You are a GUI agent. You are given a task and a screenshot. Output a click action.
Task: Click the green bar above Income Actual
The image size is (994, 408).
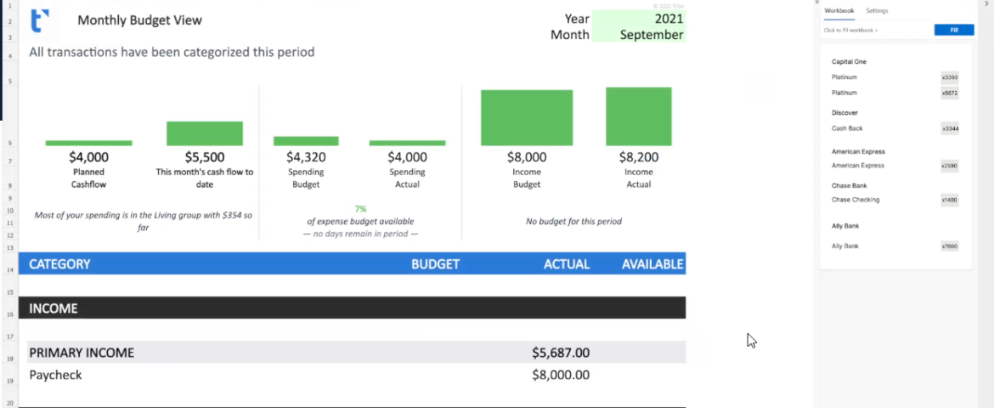coord(638,116)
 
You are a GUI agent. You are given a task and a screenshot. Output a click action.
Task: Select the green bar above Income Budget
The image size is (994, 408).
coord(527,117)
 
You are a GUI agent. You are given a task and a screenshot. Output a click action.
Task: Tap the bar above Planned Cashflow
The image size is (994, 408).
coord(88,143)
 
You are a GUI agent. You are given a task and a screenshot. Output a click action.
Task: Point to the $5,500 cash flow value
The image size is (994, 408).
coord(205,157)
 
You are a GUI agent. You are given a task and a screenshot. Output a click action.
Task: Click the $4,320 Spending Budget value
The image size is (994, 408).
coord(306,157)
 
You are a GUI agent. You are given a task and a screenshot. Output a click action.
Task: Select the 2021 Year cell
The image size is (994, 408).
coord(638,18)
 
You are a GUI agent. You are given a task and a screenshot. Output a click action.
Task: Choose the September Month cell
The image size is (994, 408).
coord(638,35)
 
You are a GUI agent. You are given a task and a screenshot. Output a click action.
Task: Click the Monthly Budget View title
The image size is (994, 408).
coord(139,20)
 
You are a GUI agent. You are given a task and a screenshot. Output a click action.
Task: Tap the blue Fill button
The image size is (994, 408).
coord(954,30)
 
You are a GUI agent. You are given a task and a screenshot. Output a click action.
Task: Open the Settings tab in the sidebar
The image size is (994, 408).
coord(877,10)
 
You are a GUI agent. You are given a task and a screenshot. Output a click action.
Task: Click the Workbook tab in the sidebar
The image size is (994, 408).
coord(839,10)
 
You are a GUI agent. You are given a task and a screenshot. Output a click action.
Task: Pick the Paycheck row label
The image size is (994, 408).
coord(56,375)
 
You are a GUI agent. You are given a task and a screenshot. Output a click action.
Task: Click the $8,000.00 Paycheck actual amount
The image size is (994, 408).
coord(561,375)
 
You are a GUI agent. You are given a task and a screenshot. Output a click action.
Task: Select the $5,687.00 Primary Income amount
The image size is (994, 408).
coord(561,353)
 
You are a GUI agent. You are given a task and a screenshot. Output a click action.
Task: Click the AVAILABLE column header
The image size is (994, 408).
coord(652,264)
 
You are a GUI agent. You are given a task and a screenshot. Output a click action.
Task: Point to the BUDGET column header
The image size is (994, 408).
coord(435,264)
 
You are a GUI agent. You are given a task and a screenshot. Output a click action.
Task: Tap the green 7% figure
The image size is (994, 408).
coord(360,208)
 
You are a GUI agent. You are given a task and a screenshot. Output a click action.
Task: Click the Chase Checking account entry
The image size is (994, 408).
coord(856,200)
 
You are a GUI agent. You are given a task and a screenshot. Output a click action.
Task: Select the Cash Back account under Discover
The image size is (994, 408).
coord(847,128)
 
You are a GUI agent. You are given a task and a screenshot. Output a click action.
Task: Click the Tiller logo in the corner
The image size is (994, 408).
coord(39,20)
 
